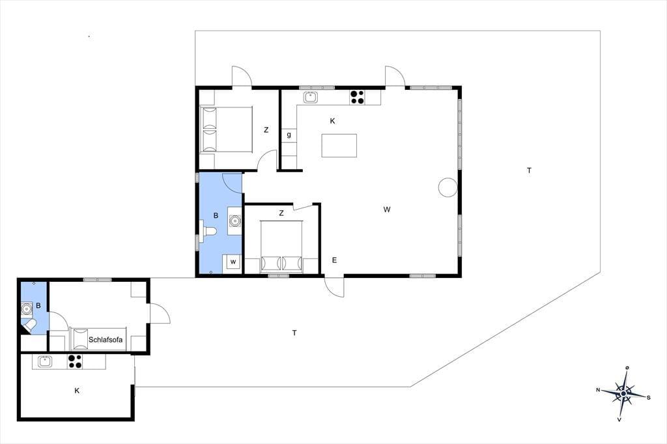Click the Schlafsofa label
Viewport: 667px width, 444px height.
point(106,340)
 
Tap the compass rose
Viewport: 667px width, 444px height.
point(623,394)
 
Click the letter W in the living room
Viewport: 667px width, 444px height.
point(387,209)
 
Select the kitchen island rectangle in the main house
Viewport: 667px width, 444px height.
point(339,145)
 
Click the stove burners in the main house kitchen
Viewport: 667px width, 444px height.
point(358,98)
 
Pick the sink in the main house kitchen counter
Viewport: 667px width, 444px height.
point(311,97)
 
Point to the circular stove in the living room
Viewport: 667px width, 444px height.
point(448,187)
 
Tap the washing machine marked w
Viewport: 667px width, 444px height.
point(233,262)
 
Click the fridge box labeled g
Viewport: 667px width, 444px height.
point(289,135)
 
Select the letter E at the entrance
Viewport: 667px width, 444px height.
point(334,260)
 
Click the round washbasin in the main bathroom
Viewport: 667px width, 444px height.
point(234,220)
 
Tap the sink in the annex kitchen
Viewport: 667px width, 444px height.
point(45,361)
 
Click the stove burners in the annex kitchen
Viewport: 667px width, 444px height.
point(75,361)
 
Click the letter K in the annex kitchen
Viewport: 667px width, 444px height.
point(77,391)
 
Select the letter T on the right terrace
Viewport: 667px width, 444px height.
point(529,171)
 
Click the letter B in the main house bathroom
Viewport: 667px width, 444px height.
point(216,215)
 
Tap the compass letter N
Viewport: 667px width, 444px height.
point(598,390)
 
